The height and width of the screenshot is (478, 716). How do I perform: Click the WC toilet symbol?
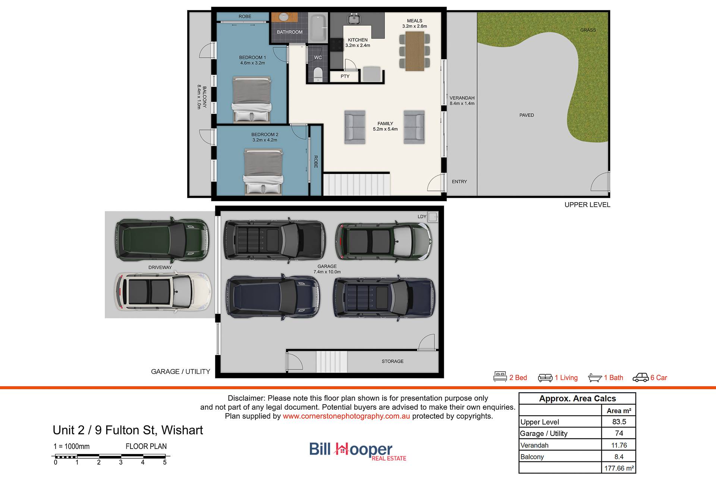click(x=318, y=74)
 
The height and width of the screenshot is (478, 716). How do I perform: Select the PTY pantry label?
click(x=345, y=76)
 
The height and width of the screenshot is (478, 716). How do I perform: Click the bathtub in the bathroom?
click(x=318, y=28)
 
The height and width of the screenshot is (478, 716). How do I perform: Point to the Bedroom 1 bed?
click(x=252, y=100)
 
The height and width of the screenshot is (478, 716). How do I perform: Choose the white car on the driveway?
click(x=163, y=292)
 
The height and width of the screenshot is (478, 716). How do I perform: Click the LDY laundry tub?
click(x=433, y=217)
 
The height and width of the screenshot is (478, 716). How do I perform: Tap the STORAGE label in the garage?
click(x=392, y=362)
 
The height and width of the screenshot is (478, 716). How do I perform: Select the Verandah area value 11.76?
click(x=619, y=445)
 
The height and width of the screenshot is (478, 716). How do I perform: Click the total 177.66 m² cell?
click(x=619, y=468)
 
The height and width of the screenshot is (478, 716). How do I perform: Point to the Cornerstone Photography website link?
click(x=346, y=416)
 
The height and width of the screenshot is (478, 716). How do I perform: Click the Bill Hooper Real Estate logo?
click(x=358, y=451)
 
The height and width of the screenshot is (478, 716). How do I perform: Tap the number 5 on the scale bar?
click(x=164, y=463)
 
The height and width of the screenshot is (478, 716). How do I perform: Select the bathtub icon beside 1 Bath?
click(x=595, y=378)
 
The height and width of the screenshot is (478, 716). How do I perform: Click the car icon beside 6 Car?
click(x=641, y=378)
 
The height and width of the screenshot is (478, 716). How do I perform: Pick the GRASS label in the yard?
click(x=588, y=30)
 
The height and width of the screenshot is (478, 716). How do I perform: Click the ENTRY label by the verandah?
click(x=459, y=182)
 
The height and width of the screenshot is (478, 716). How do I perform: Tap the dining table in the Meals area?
click(x=415, y=51)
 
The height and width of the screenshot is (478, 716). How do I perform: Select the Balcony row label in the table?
click(x=532, y=457)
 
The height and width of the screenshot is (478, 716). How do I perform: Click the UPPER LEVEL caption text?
click(x=587, y=205)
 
